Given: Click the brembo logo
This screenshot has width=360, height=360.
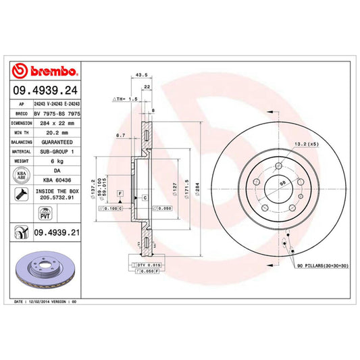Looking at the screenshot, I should (x=45, y=71).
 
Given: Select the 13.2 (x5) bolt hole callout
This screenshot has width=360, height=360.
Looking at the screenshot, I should (x=304, y=144).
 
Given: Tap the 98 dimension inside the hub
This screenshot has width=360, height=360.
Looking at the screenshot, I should (x=282, y=182).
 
